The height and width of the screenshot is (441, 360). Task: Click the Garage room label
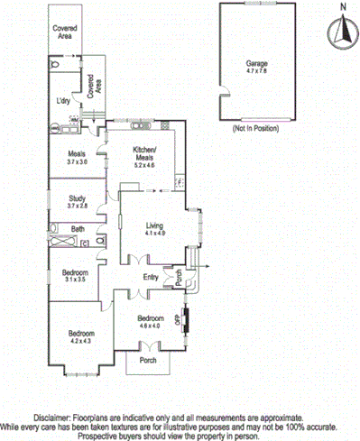pos(256,63)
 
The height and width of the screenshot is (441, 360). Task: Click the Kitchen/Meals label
pos(144,152)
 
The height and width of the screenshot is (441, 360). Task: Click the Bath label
pos(78,229)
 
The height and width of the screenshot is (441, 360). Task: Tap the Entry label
pos(151,276)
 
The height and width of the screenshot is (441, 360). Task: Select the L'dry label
pos(64,100)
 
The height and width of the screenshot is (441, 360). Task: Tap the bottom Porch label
pos(146,361)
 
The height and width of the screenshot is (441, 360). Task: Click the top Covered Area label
pos(63,34)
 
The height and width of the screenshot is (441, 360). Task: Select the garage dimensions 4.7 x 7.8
pos(256,73)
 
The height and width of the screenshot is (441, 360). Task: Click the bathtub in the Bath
pos(63,243)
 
